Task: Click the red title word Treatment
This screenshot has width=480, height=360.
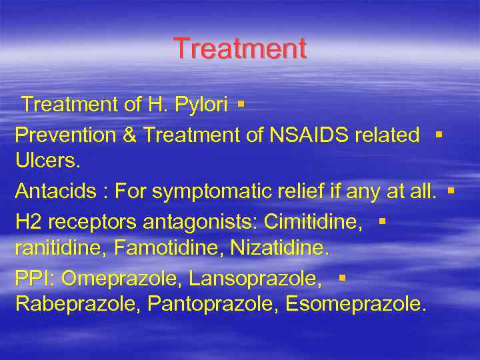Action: pyautogui.click(x=240, y=49)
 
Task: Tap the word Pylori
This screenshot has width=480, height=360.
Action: pyautogui.click(x=198, y=105)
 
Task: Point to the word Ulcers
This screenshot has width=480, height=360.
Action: pyautogui.click(x=41, y=161)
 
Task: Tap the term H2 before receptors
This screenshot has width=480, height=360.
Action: pyautogui.click(x=28, y=222)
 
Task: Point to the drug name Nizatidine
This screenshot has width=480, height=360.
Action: pyautogui.click(x=279, y=249)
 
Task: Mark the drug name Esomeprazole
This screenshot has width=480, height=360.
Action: pyautogui.click(x=355, y=305)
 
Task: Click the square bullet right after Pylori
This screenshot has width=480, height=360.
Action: pyautogui.click(x=241, y=104)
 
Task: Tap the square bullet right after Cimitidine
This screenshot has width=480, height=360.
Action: pyautogui.click(x=382, y=220)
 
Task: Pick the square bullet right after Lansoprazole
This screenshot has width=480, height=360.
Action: pyautogui.click(x=341, y=277)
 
